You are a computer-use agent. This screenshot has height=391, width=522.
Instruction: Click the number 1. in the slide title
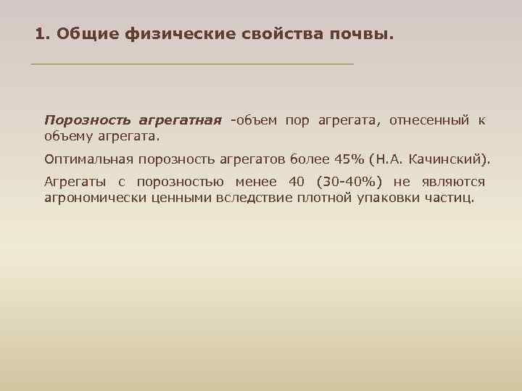[x=43, y=34]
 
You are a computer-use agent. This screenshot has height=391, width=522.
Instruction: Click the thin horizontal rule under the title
[x=192, y=64]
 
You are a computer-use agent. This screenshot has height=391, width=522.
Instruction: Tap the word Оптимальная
[x=89, y=159]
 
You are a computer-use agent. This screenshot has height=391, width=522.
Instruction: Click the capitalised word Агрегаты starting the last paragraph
[x=72, y=182]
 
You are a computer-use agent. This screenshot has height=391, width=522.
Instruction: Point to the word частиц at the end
[x=450, y=197]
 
